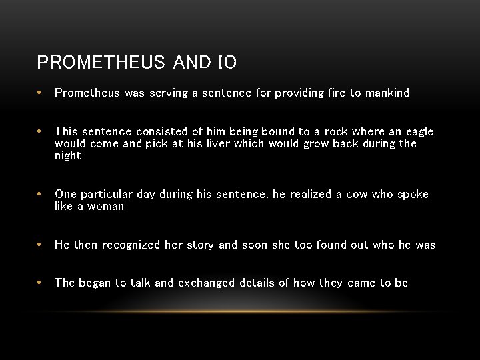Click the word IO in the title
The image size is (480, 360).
click(x=227, y=63)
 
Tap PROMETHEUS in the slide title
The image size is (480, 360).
click(x=101, y=63)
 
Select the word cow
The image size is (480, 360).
click(x=357, y=195)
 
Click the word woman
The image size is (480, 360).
click(x=106, y=207)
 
